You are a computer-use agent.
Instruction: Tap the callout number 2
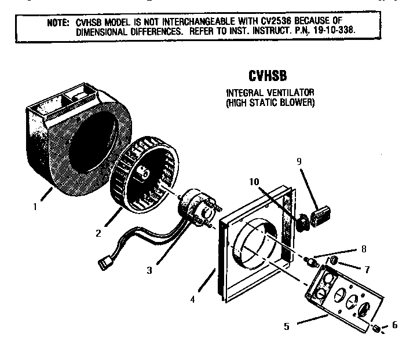click(x=98, y=233)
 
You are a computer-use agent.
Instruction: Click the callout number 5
click(x=286, y=326)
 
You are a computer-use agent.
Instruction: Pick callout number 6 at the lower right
click(x=395, y=325)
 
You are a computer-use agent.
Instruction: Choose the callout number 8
click(x=363, y=249)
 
